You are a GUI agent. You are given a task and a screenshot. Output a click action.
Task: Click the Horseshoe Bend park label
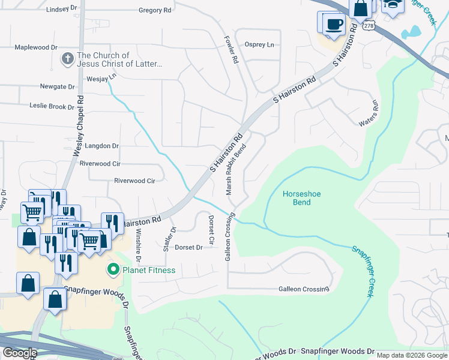point(297,198)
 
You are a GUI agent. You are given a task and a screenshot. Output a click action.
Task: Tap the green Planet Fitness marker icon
point(112,270)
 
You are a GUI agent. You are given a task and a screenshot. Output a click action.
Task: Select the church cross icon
point(68,59)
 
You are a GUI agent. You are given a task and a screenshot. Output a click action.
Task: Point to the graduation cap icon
point(393,5)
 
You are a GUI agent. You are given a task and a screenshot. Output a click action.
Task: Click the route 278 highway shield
point(369,26)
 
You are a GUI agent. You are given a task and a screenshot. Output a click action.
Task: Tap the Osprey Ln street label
point(259,45)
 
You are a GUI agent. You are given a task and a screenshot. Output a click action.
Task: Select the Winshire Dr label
point(138,246)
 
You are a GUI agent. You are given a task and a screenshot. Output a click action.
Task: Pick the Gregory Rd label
point(154,10)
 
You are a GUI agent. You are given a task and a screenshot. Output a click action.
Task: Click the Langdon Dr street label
point(103,146)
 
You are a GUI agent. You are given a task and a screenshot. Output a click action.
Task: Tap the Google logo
point(20,352)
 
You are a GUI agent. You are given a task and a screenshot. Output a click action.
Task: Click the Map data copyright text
point(411,355)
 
